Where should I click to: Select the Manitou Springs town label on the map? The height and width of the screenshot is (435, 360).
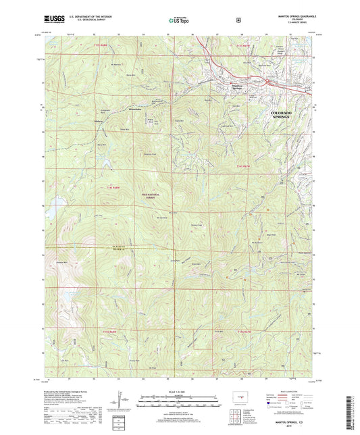pos(232,86)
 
